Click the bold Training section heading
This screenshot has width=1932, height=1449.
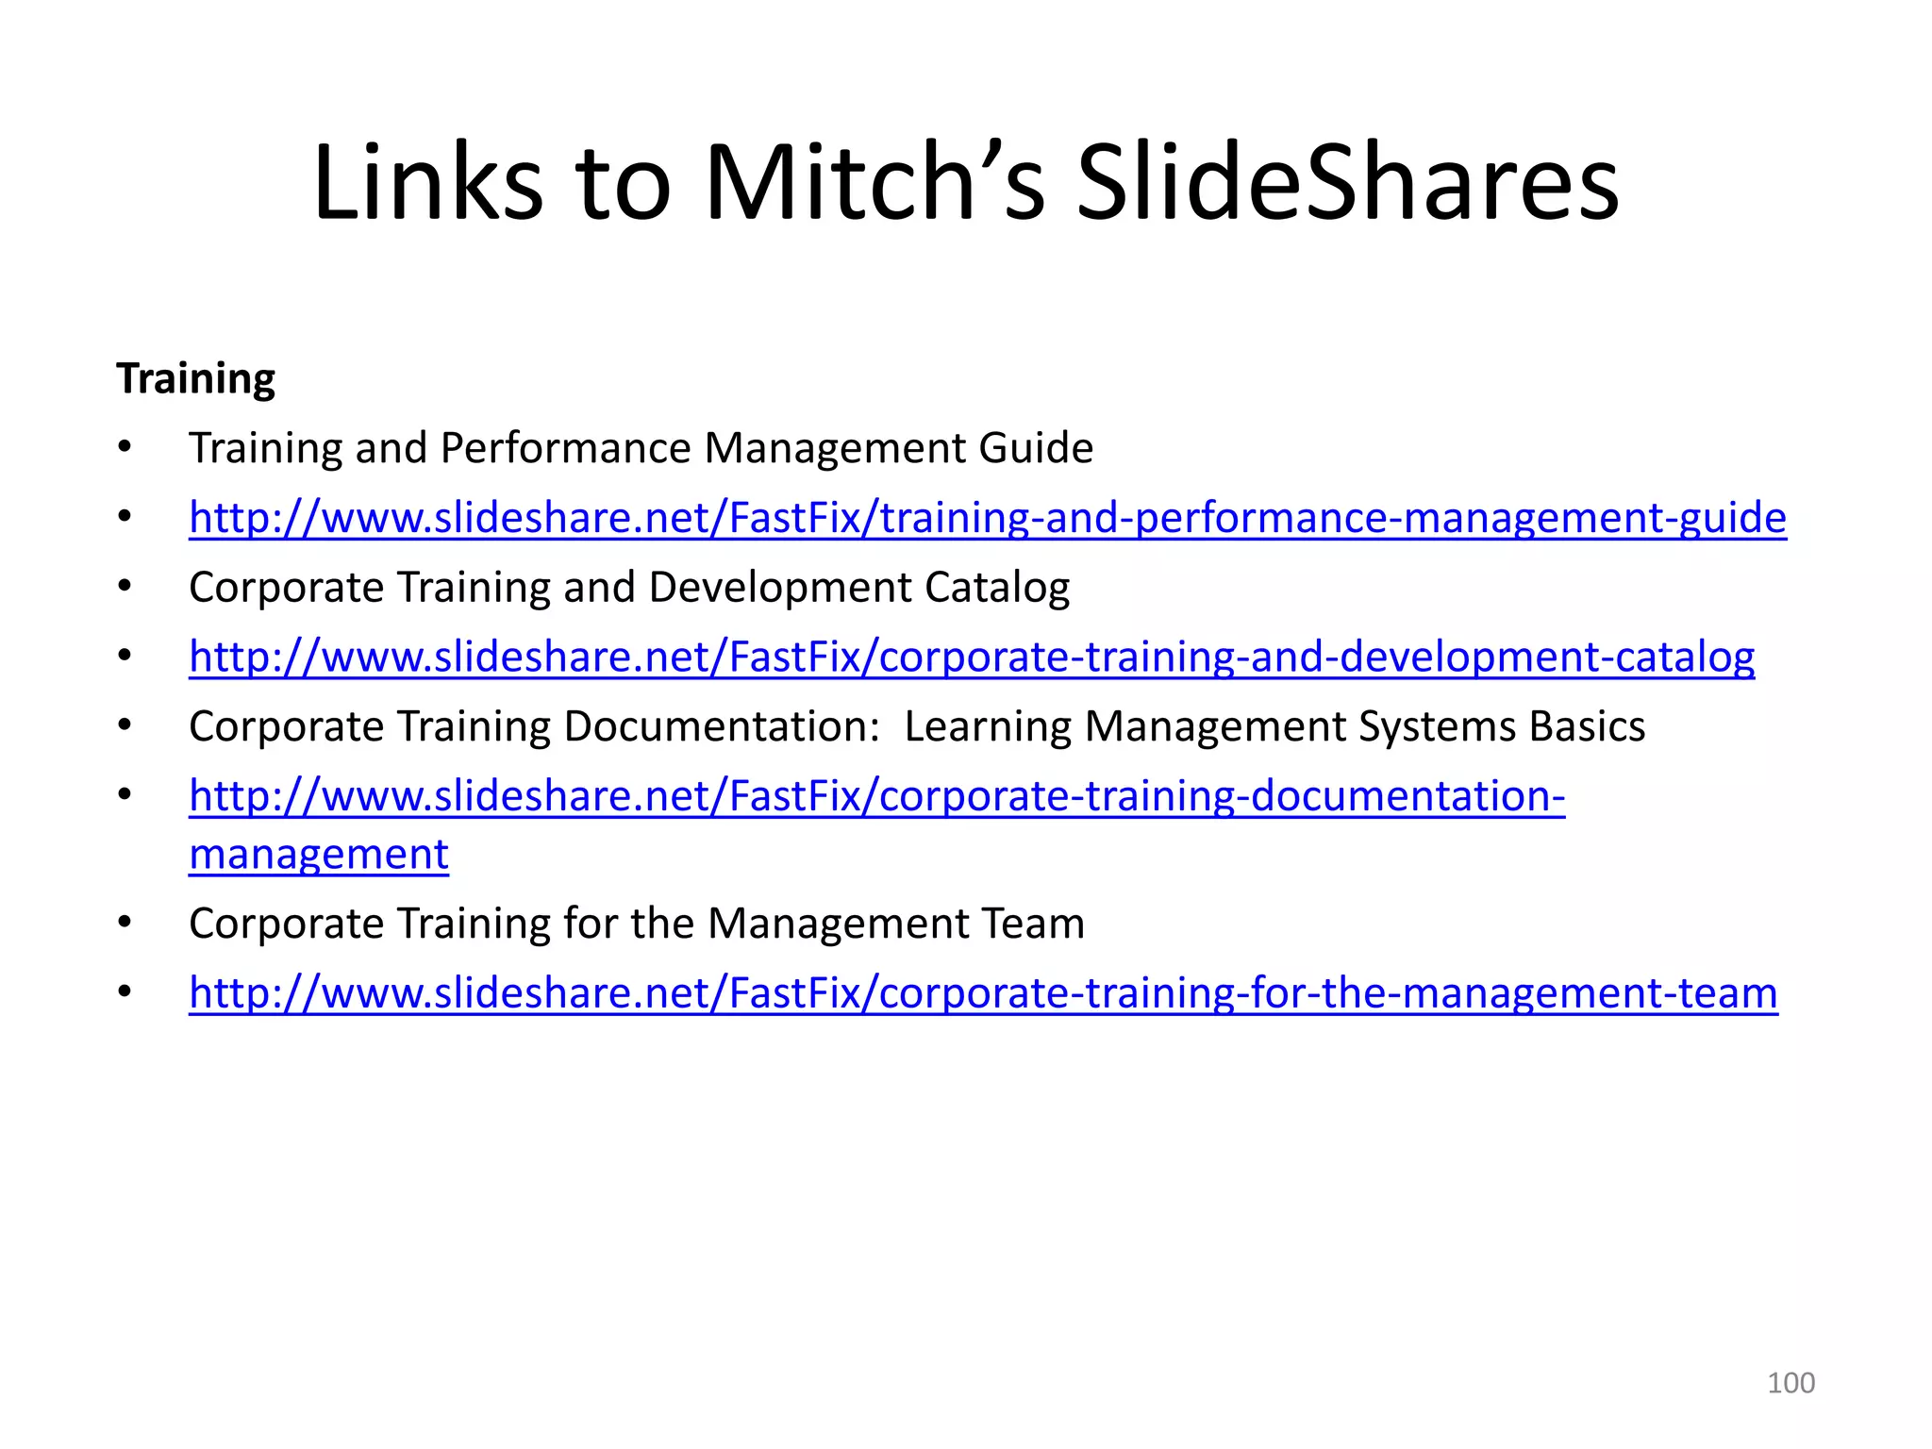(x=195, y=378)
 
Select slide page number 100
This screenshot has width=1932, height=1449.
(x=1790, y=1383)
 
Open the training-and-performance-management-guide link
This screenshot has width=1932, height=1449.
(x=988, y=517)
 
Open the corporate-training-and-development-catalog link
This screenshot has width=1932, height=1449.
(x=972, y=657)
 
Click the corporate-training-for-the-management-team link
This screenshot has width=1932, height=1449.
(x=983, y=992)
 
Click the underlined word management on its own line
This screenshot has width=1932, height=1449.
(x=319, y=855)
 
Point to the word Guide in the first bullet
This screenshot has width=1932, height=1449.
(x=1036, y=448)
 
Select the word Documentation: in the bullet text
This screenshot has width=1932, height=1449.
(x=722, y=726)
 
